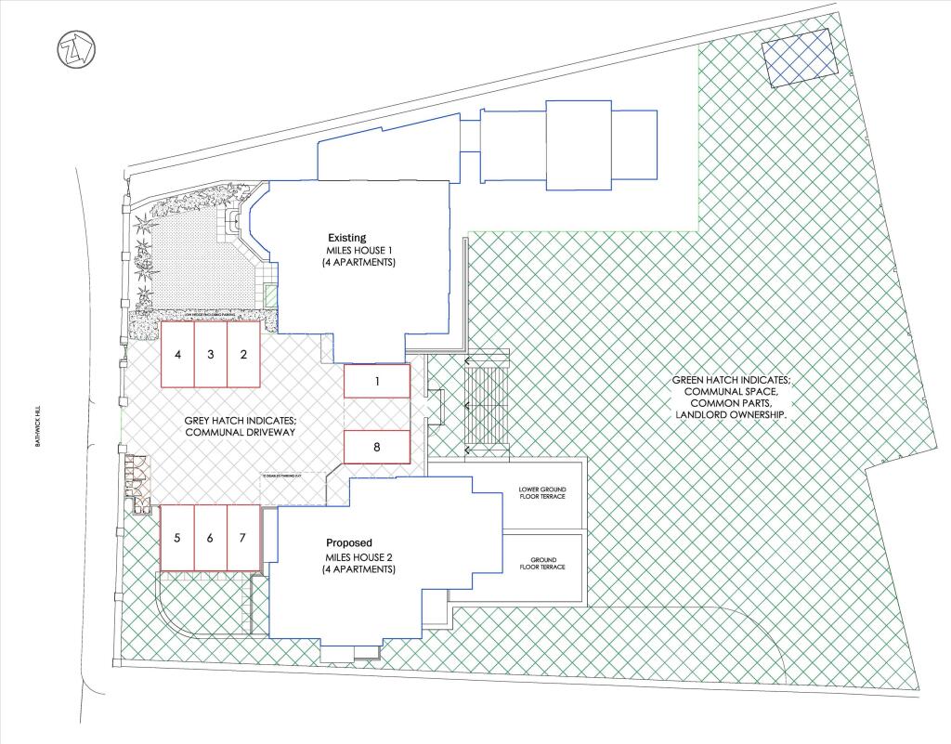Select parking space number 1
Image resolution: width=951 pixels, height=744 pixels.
pyautogui.click(x=377, y=381)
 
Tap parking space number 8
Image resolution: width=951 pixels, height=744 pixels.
pyautogui.click(x=377, y=447)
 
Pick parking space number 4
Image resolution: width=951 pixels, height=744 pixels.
pyautogui.click(x=177, y=354)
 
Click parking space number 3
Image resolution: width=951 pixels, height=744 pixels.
pyautogui.click(x=211, y=354)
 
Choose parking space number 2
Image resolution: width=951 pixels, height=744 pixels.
pyautogui.click(x=243, y=354)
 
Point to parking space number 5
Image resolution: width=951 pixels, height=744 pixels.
pyautogui.click(x=177, y=538)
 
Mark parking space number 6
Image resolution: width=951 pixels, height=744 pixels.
pyautogui.click(x=211, y=538)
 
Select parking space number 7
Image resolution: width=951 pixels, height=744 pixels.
pyautogui.click(x=243, y=538)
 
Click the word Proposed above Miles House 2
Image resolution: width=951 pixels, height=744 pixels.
pyautogui.click(x=349, y=542)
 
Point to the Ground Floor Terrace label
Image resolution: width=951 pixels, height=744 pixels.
pyautogui.click(x=541, y=562)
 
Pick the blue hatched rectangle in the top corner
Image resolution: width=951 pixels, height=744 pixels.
pyautogui.click(x=796, y=57)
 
